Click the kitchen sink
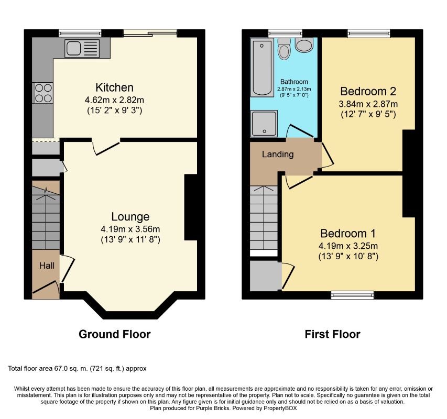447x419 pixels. (x=82, y=48)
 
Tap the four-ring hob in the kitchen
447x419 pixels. (x=43, y=93)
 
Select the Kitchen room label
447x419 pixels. (x=114, y=87)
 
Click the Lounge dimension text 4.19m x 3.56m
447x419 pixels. (x=130, y=229)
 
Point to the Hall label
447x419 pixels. (x=47, y=266)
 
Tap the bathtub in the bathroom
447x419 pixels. (x=262, y=68)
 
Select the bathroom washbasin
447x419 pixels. (x=304, y=45)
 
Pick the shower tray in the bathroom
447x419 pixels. (x=264, y=123)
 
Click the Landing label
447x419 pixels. (x=278, y=154)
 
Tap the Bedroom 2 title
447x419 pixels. (x=368, y=92)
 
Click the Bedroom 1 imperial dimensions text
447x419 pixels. (x=348, y=256)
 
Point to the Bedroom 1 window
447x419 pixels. (x=352, y=295)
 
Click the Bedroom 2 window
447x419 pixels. (x=368, y=34)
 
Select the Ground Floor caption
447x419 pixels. (x=115, y=334)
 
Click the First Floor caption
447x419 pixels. (x=332, y=334)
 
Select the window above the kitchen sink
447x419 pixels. (x=80, y=34)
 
